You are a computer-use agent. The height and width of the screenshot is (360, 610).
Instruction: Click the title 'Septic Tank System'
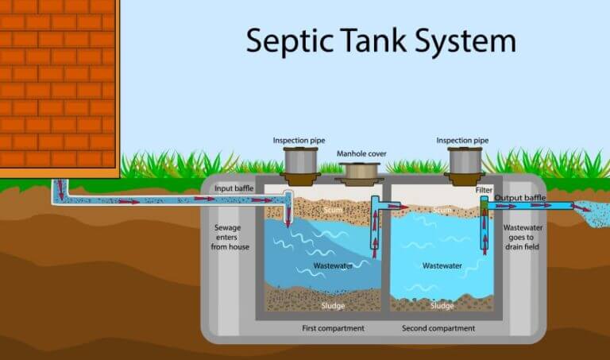pyautogui.click(x=380, y=39)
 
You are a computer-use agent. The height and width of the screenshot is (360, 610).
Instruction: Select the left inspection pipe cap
pyautogui.click(x=301, y=160)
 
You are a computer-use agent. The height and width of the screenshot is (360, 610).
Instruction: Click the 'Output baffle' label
pyautogui.click(x=520, y=198)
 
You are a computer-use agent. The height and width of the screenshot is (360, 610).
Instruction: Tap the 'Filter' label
pyautogui.click(x=484, y=190)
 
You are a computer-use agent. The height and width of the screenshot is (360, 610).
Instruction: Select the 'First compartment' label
pyautogui.click(x=333, y=328)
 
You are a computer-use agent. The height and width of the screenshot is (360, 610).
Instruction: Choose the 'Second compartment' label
pyautogui.click(x=438, y=328)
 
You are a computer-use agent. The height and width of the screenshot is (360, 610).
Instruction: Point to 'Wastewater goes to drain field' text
pyautogui.click(x=522, y=237)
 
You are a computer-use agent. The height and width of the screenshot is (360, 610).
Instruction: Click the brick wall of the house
pyautogui.click(x=56, y=79)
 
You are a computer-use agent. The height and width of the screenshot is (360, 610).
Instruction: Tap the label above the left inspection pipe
pyautogui.click(x=301, y=140)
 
